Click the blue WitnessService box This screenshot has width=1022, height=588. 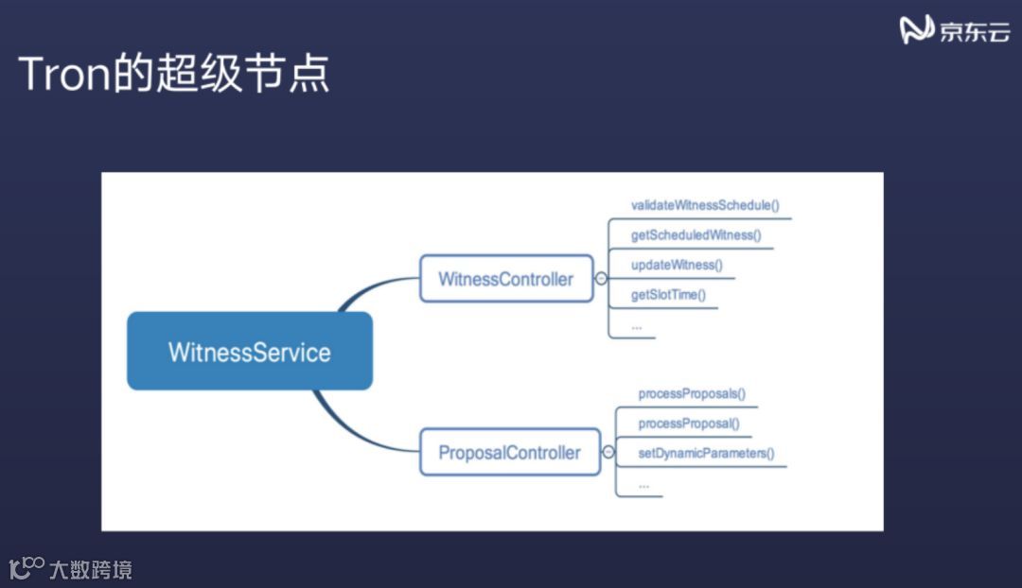[250, 352]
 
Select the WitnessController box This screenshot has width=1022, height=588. [506, 279]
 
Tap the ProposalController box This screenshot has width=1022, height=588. [509, 452]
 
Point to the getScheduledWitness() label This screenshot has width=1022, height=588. [696, 235]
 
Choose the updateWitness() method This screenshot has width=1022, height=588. [677, 265]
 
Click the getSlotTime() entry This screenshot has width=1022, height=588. [668, 295]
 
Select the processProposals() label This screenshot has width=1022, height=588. [693, 393]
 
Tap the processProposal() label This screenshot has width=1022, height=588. [689, 424]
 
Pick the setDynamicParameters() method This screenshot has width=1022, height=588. [706, 453]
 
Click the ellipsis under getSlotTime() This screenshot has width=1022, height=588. [637, 325]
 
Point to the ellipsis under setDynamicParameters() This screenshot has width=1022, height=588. [643, 484]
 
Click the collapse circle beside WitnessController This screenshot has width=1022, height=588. [601, 279]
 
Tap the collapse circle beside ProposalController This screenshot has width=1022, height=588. [608, 452]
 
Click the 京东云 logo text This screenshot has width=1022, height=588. [974, 31]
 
